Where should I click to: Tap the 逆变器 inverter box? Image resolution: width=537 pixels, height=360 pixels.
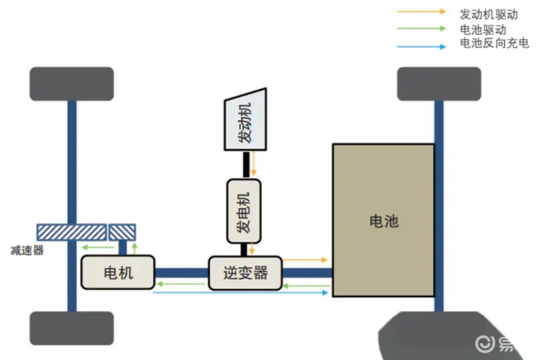tap(245, 273)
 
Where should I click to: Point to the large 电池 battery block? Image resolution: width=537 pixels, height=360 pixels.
tap(383, 220)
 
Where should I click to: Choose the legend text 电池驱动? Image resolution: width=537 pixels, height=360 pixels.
tap(483, 29)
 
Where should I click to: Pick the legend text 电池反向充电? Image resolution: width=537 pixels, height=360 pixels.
tap(494, 44)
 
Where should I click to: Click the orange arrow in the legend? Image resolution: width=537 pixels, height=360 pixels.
tap(421, 12)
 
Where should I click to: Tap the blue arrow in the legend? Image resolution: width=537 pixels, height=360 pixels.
tap(421, 46)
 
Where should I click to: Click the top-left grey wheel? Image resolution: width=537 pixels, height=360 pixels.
tap(71, 84)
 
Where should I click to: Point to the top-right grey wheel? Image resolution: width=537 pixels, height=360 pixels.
tap(439, 84)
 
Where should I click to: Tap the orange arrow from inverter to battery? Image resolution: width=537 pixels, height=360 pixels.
tap(305, 259)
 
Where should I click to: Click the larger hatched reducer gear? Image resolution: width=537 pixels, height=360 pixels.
tap(70, 232)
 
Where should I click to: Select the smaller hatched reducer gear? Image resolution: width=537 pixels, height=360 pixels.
tap(122, 232)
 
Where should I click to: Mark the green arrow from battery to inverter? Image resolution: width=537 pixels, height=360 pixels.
tap(305, 286)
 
